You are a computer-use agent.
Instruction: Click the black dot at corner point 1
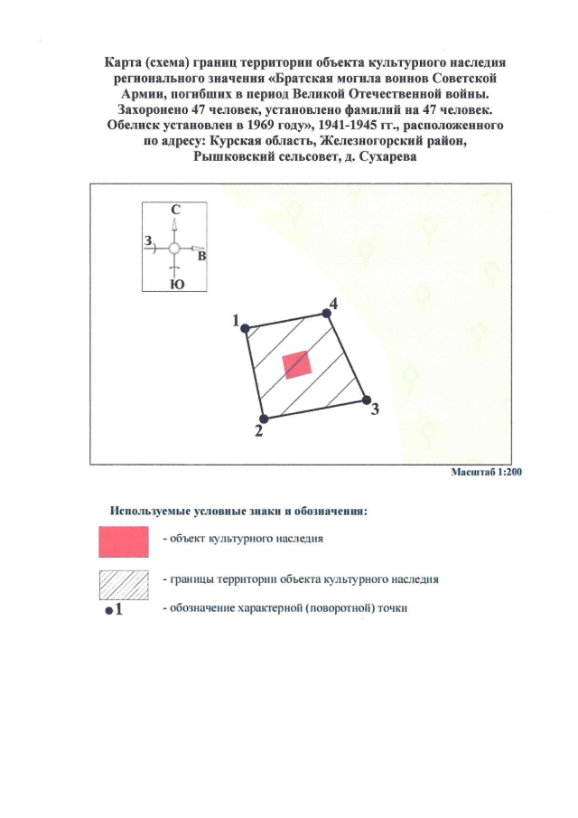point(245,329)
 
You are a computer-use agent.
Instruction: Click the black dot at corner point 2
point(264,418)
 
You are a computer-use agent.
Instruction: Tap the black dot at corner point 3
point(366,400)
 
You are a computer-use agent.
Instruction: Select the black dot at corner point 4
point(325,314)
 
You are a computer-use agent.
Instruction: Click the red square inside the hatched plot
point(297,364)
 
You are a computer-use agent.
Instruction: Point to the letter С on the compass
point(175,210)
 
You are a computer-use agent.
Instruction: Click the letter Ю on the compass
point(175,284)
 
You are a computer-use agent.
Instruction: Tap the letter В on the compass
point(202,257)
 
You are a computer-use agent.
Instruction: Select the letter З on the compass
point(148,240)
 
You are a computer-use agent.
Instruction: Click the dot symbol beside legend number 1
point(108,612)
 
